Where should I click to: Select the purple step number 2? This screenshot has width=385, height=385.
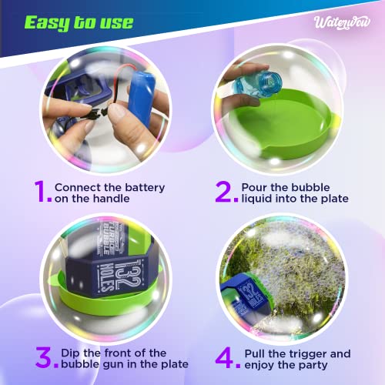pos(224,191)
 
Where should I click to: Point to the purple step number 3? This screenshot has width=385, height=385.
pos(45,357)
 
